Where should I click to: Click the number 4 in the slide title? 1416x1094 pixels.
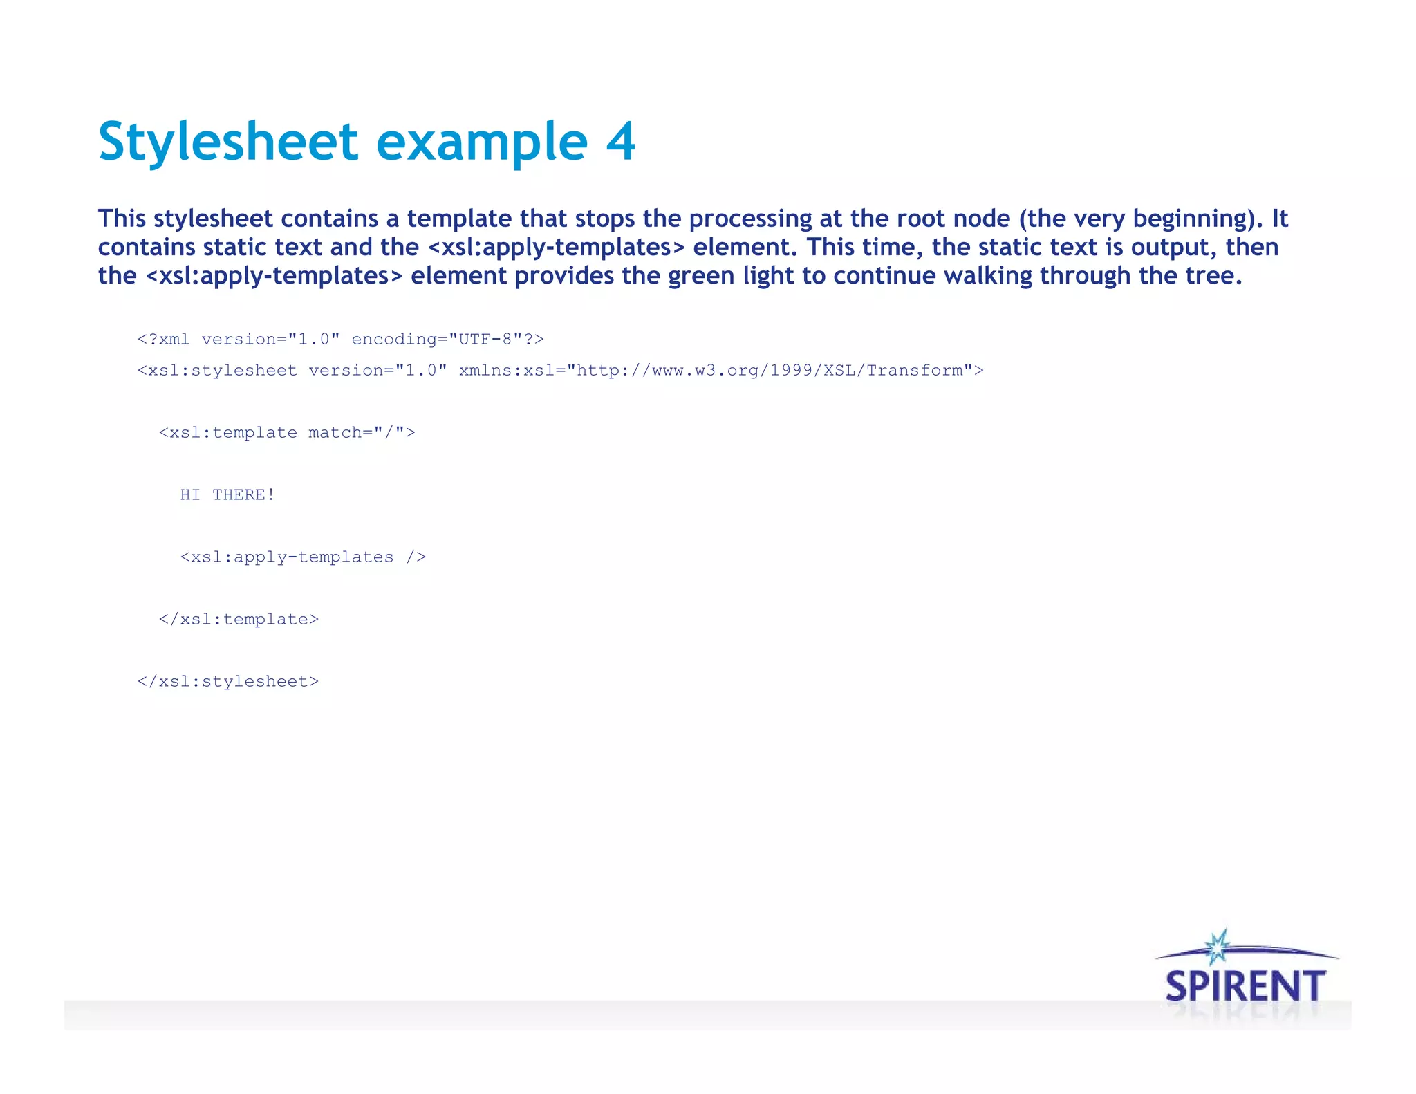620,142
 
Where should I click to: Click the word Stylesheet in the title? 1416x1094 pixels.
228,142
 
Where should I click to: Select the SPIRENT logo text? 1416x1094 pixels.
1245,985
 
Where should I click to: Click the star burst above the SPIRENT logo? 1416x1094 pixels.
1218,946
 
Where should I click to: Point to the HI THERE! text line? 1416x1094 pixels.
227,495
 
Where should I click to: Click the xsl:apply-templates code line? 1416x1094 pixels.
303,557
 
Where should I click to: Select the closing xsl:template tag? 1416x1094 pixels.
239,620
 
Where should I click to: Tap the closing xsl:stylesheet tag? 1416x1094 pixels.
228,682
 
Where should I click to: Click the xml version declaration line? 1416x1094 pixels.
340,340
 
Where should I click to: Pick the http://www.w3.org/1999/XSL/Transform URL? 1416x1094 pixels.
770,371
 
